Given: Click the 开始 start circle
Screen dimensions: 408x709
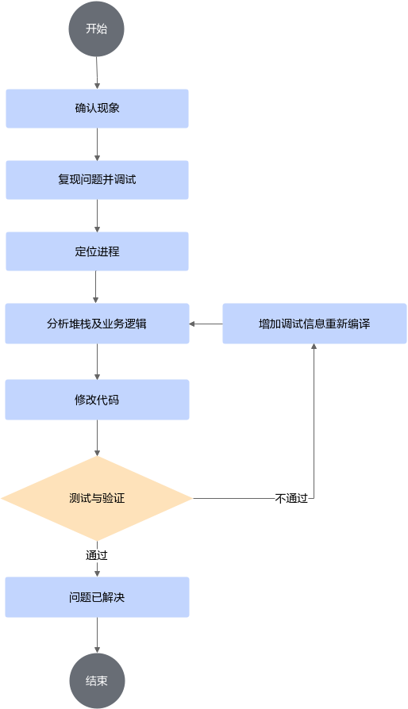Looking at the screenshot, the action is pyautogui.click(x=96, y=29).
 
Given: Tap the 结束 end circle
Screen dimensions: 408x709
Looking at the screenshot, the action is pyautogui.click(x=97, y=680).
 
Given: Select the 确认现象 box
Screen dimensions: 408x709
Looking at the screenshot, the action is pyautogui.click(x=98, y=109).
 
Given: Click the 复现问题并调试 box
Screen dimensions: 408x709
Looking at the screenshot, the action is pyautogui.click(x=98, y=180).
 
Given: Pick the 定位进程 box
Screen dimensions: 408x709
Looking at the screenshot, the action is pyautogui.click(x=98, y=251).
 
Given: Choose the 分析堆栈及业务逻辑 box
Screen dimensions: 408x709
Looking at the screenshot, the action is pyautogui.click(x=98, y=324).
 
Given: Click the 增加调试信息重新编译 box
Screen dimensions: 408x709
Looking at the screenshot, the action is pyautogui.click(x=314, y=324).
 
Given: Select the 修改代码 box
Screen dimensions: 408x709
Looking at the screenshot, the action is pyautogui.click(x=98, y=400).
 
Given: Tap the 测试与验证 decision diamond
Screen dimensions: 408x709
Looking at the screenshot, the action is pyautogui.click(x=97, y=498).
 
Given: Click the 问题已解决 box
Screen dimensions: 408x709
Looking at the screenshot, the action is pyautogui.click(x=98, y=597).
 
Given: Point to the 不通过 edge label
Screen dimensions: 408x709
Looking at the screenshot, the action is pyautogui.click(x=291, y=498).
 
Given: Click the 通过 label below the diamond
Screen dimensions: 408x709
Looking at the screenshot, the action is pyautogui.click(x=97, y=555).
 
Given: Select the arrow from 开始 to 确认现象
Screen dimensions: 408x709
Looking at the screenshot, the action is pyautogui.click(x=97, y=73).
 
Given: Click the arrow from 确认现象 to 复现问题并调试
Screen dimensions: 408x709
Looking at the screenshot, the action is pyautogui.click(x=98, y=144).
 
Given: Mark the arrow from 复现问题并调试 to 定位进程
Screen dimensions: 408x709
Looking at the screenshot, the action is pyautogui.click(x=98, y=216).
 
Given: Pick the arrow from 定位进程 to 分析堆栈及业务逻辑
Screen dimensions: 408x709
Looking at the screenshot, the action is pyautogui.click(x=95, y=287).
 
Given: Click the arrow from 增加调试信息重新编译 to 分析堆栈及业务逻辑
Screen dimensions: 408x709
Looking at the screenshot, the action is pyautogui.click(x=206, y=324).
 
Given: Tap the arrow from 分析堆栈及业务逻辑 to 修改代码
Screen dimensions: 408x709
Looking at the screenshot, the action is pyautogui.click(x=98, y=362).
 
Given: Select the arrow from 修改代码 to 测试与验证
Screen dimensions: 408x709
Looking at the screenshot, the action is pyautogui.click(x=98, y=438).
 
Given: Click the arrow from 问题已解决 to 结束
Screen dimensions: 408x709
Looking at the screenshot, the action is pyautogui.click(x=98, y=634).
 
